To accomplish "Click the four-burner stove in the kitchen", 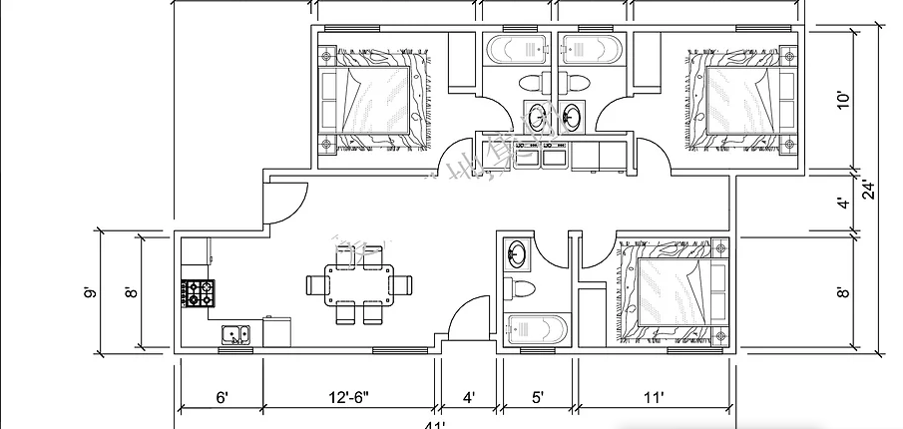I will coord(198,293).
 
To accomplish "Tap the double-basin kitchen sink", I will coord(233,334).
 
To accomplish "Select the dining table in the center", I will coord(358,286).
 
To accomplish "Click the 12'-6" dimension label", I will coord(348,398).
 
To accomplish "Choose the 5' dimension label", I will coord(538,398).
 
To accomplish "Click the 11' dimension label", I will coord(654,398).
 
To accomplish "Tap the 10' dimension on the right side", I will coord(843,99).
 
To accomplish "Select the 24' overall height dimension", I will coord(868,190).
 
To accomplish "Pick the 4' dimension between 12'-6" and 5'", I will coord(468,398).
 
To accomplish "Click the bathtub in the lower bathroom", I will coord(536,329).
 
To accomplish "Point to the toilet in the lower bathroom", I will coord(521,288).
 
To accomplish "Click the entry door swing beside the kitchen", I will coord(282,205).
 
